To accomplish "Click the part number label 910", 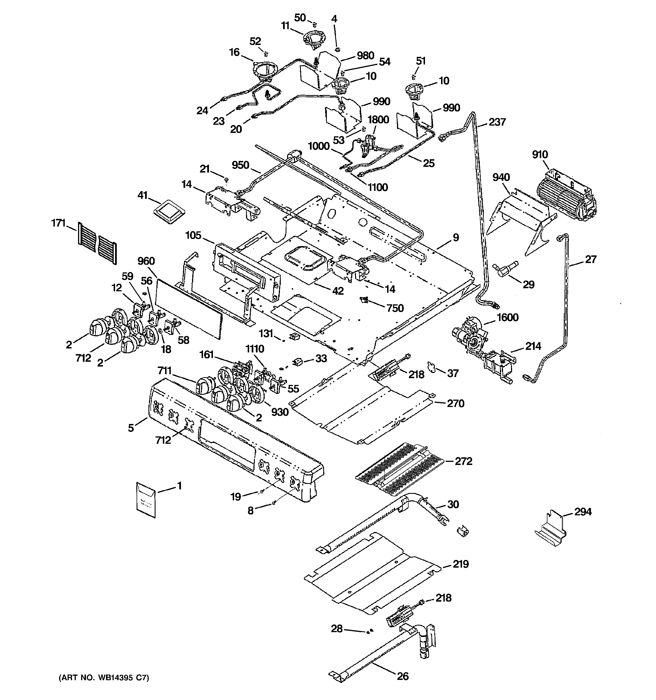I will pos(540,155).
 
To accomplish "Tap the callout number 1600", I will pos(507,318).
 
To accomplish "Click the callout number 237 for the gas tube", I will pos(497,122).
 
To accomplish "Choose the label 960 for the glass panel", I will pos(146,261).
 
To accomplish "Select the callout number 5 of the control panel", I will pos(131,428).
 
